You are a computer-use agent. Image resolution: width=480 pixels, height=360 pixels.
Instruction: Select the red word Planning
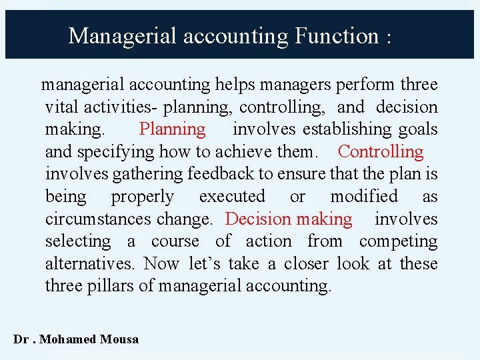pyautogui.click(x=172, y=129)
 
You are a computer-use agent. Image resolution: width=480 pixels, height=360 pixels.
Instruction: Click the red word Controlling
pyautogui.click(x=381, y=152)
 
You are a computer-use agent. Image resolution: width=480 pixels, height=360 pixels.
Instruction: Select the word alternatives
pyautogui.click(x=90, y=264)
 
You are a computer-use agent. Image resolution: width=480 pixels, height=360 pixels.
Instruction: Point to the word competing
pyautogui.click(x=398, y=241)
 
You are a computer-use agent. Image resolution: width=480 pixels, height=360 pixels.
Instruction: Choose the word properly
pyautogui.click(x=142, y=197)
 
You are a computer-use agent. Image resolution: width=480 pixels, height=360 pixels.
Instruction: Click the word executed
pyautogui.click(x=232, y=197)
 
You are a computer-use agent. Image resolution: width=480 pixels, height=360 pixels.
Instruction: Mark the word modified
pyautogui.click(x=364, y=197)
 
